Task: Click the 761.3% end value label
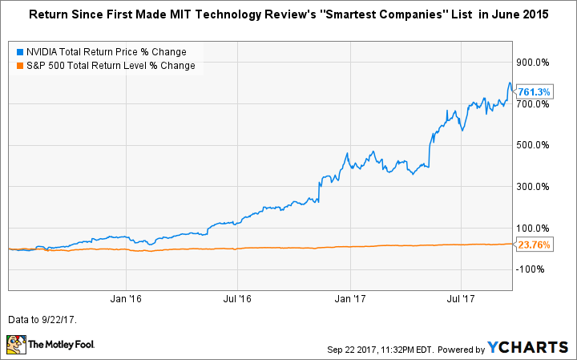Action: pos(535,91)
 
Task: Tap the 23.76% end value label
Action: pos(535,245)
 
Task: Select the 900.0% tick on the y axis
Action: pos(532,62)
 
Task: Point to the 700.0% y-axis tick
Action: pos(532,103)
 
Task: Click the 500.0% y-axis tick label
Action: pos(532,145)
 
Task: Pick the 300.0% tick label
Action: pos(532,187)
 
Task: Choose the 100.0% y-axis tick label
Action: pos(532,229)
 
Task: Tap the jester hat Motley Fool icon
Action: pos(18,346)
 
